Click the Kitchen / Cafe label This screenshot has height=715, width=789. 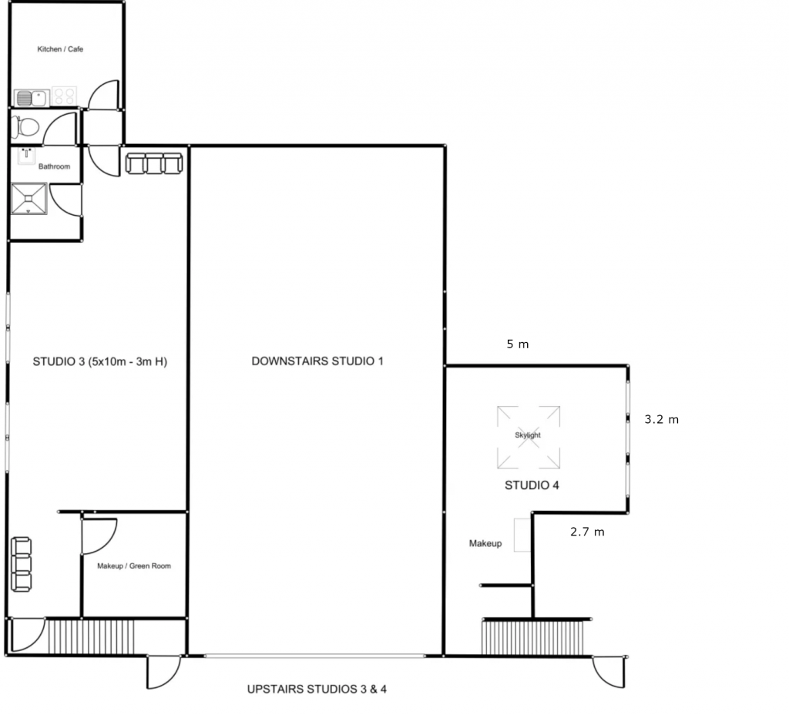click(60, 49)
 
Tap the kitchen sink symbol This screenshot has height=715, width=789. click(30, 98)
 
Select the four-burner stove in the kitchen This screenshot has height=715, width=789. click(65, 97)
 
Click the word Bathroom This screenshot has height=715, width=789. click(54, 166)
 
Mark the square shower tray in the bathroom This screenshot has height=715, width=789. click(29, 199)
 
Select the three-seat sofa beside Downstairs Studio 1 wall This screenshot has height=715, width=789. click(154, 163)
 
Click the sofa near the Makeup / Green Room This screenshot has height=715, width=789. click(22, 564)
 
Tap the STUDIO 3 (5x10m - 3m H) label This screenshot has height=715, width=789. click(99, 361)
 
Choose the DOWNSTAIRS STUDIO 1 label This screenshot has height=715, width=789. click(317, 361)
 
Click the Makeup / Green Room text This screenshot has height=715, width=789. click(134, 566)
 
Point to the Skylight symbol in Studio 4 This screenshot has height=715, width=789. click(528, 437)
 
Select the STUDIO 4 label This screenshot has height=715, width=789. click(532, 485)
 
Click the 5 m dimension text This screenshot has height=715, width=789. click(518, 344)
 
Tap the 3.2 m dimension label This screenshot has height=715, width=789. click(662, 420)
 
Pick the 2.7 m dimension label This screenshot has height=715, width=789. click(587, 532)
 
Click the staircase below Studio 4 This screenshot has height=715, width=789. click(535, 637)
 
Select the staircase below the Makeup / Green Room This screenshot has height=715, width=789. click(91, 636)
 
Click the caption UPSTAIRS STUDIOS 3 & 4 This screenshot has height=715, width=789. click(317, 689)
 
